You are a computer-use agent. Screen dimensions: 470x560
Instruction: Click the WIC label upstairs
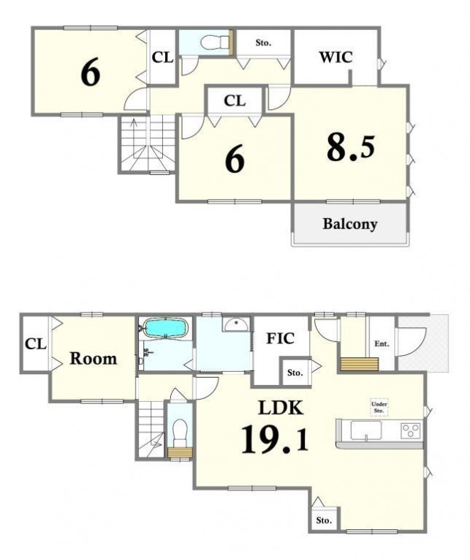336,57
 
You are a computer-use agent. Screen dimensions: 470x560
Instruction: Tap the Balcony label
350,224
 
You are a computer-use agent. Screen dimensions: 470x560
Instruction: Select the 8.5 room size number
351,147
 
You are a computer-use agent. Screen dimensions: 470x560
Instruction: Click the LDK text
281,408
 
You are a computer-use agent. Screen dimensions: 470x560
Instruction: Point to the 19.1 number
275,439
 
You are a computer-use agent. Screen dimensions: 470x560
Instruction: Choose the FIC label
280,338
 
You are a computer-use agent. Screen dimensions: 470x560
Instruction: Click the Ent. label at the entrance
382,344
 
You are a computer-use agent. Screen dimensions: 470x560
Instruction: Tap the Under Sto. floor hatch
379,408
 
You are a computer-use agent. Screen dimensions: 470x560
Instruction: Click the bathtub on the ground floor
165,328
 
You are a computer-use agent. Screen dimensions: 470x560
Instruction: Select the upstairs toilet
214,43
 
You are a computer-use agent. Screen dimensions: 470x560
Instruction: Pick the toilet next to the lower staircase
180,430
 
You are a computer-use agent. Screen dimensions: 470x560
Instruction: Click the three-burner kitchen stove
412,430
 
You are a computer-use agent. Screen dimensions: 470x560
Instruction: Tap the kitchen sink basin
366,430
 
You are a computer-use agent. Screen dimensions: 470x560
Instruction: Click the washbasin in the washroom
236,324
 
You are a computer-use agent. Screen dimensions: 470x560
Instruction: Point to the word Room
93,359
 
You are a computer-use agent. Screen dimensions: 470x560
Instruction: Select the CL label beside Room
36,344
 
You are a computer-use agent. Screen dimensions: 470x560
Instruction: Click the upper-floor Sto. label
263,43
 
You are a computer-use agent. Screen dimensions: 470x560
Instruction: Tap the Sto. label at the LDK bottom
324,520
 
